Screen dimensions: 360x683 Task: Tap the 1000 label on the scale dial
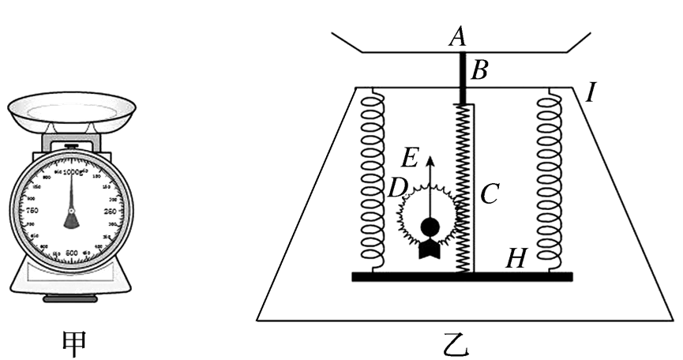click(x=72, y=171)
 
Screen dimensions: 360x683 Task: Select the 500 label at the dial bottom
click(x=72, y=252)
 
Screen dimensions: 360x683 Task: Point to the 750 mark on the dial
click(x=33, y=212)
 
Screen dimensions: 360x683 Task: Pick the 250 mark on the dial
click(x=111, y=212)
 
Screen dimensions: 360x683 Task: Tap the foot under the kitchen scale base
click(x=71, y=300)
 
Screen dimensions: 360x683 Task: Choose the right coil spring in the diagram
click(x=548, y=178)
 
